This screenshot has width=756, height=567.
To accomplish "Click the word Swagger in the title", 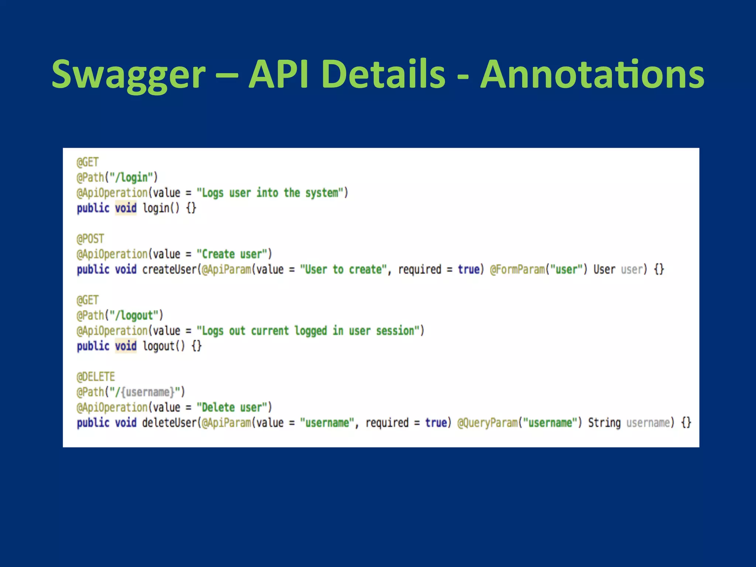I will click(x=128, y=75).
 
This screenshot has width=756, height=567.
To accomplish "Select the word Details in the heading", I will click(x=383, y=75).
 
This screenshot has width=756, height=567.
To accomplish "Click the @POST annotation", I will click(x=90, y=239).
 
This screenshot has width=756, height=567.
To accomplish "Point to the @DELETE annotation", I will click(x=96, y=377).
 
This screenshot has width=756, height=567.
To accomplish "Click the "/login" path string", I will click(x=131, y=178).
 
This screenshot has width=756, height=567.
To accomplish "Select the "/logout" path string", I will click(x=134, y=316).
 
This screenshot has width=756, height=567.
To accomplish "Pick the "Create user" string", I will click(x=231, y=254).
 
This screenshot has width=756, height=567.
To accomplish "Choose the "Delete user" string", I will click(x=231, y=408).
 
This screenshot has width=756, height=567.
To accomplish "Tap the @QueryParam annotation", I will click(x=487, y=423).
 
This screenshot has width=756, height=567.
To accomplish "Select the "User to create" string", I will click(x=343, y=269).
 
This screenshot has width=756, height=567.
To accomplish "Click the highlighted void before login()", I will click(x=126, y=208).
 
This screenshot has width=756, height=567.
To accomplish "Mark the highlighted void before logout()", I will click(x=126, y=346).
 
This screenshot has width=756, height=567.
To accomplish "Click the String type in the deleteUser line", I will click(x=604, y=423).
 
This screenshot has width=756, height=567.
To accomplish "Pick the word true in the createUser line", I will click(x=468, y=269).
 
